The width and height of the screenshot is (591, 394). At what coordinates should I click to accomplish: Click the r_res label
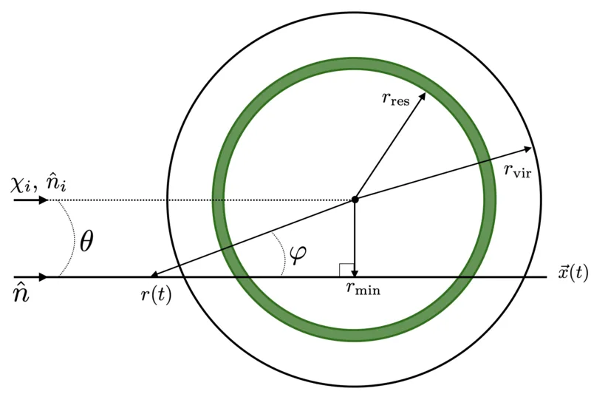point(395,99)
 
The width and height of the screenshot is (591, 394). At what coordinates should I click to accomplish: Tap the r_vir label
point(518,171)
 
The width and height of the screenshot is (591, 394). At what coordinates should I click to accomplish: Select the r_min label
point(363,289)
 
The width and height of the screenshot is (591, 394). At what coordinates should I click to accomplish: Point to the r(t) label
point(156,295)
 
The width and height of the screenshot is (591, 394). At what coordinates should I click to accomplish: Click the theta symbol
point(86,241)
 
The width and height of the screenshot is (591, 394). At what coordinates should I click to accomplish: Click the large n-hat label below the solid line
point(21,293)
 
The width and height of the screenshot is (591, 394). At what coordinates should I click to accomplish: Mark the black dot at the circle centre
point(355,200)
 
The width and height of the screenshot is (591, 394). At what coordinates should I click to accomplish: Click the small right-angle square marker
point(346,270)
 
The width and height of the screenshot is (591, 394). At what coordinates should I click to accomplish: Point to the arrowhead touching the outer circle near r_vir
point(527,149)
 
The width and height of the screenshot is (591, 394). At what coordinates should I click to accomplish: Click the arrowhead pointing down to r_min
point(355,273)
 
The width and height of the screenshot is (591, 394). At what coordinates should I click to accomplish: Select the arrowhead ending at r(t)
point(154,275)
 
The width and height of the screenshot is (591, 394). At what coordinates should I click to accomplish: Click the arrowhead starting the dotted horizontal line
point(44,200)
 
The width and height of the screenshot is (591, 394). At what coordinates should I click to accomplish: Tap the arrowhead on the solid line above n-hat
point(44,277)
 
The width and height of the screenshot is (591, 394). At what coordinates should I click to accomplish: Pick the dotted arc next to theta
point(72,238)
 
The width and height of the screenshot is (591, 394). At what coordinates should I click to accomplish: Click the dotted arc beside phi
point(282,253)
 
